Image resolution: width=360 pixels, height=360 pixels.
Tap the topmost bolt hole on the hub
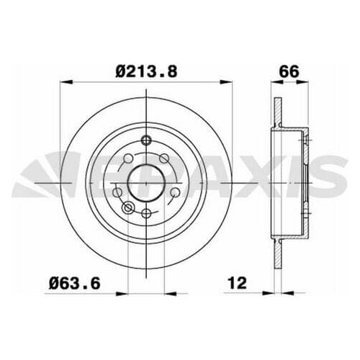point(146,140)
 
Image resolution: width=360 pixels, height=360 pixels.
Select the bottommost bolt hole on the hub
point(146,213)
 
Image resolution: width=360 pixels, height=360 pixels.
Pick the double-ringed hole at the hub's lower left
point(129,208)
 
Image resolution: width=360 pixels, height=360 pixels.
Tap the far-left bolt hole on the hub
point(118,192)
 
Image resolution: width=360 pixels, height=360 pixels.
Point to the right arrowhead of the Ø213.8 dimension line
point(231,83)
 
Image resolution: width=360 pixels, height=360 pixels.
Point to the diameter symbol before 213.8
point(122,71)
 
